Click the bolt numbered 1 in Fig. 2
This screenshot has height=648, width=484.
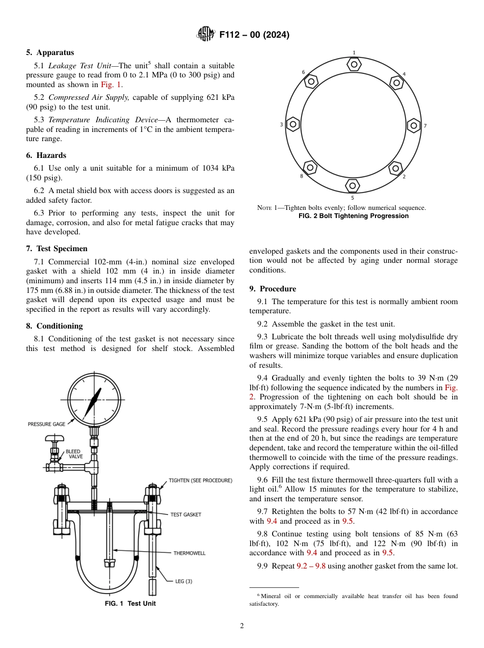pyautogui.click(x=353, y=64)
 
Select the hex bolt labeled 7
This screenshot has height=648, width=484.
pyautogui.click(x=414, y=125)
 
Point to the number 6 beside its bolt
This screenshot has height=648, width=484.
pyautogui.click(x=303, y=72)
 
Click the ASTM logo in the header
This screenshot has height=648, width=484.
pyautogui.click(x=206, y=35)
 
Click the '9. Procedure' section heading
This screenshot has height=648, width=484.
pyautogui.click(x=273, y=289)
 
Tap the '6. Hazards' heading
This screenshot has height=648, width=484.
pyautogui.click(x=46, y=155)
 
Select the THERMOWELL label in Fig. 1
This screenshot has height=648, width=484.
pyautogui.click(x=190, y=553)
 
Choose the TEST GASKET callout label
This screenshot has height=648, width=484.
pyautogui.click(x=185, y=515)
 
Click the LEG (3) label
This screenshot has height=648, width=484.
pyautogui.click(x=184, y=581)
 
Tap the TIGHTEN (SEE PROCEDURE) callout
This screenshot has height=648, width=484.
pyautogui.click(x=200, y=480)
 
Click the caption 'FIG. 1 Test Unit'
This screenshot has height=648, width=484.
pyautogui.click(x=130, y=604)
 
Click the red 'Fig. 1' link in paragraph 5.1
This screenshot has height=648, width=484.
pyautogui.click(x=110, y=85)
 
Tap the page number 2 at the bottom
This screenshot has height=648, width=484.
pyautogui.click(x=242, y=626)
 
